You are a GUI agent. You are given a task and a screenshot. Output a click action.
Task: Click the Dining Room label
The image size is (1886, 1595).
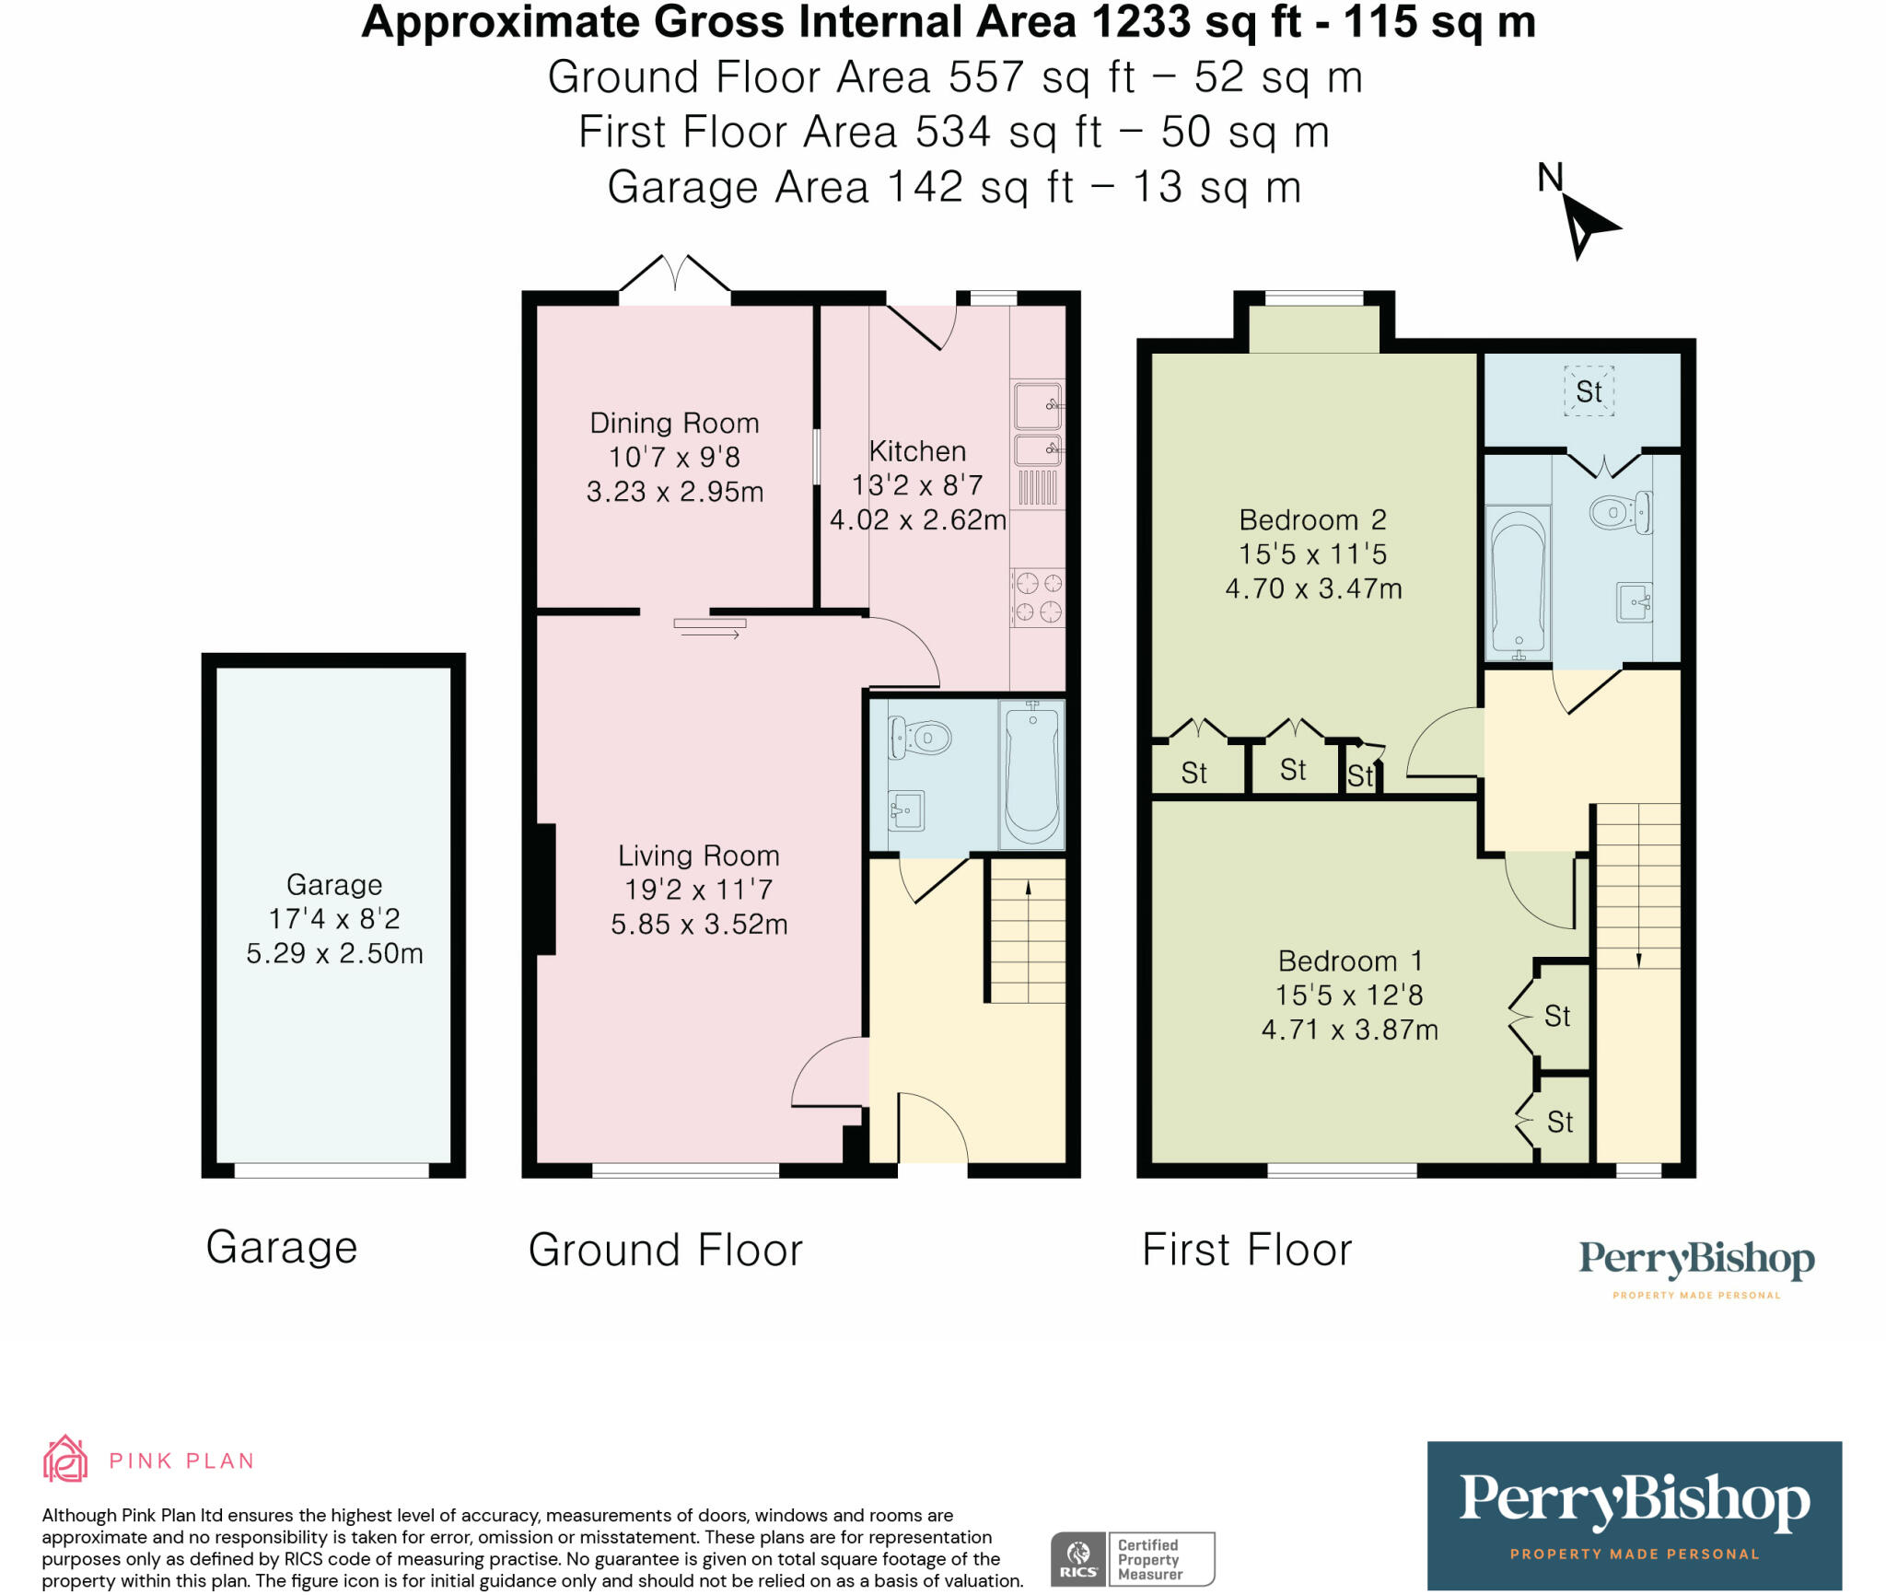[674, 424]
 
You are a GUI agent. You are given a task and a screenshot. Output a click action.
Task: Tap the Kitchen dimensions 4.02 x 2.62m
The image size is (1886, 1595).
[917, 520]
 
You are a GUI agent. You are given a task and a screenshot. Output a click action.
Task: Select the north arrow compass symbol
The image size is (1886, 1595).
[1587, 225]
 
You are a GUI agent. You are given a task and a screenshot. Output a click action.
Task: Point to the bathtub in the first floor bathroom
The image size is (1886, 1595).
[1518, 582]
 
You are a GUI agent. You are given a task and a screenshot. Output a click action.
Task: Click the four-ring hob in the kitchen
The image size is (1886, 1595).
[1038, 597]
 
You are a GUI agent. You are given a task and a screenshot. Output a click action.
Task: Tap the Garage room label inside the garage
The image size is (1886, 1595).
[334, 885]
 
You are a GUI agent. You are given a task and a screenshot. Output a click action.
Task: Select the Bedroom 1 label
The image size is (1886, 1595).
[1350, 961]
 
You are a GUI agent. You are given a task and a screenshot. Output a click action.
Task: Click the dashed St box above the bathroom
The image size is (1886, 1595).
[1589, 391]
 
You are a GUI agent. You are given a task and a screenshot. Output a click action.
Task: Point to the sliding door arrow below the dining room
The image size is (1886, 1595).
[710, 629]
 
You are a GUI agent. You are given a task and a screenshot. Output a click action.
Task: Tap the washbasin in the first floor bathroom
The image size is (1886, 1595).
[1635, 602]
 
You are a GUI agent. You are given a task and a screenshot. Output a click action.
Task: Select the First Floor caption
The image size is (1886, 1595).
[1247, 1250]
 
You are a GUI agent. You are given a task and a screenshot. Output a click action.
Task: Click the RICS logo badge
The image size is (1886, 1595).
[1077, 1558]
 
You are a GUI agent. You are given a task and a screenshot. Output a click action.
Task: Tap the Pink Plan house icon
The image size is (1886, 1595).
[65, 1459]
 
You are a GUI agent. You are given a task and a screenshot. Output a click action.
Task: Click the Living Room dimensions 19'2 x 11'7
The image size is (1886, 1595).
[698, 891]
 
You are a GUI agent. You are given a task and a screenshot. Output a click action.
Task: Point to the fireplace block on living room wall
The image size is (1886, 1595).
[545, 890]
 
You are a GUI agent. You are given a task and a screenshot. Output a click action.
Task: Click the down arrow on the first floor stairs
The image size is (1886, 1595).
[1638, 958]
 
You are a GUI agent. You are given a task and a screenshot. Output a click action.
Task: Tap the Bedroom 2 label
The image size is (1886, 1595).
[1312, 520]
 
